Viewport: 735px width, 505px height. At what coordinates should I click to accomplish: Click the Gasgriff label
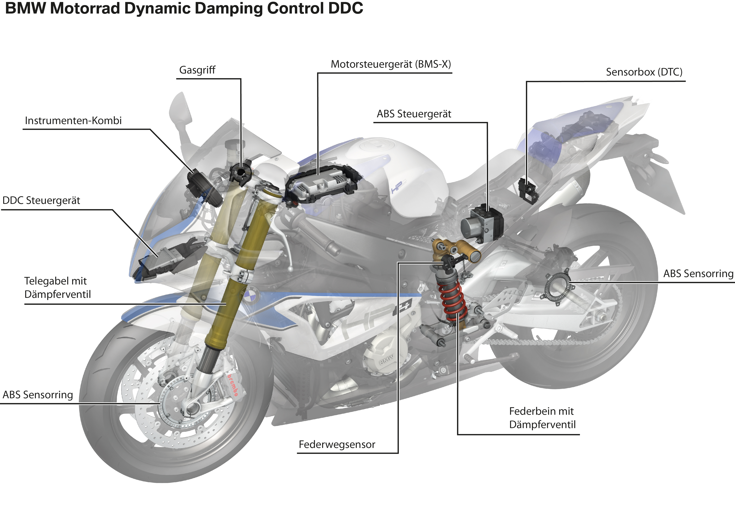point(197,70)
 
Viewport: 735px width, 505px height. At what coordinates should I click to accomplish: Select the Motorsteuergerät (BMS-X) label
point(391,64)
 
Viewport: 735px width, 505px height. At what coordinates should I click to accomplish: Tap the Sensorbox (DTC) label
point(644,72)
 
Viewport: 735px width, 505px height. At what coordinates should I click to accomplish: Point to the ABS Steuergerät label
point(414,114)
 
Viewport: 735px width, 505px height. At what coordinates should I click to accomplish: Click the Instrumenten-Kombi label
point(73,121)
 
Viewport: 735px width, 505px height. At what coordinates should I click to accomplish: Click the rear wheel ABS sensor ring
point(557,286)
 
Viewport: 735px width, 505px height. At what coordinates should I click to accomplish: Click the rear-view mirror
point(180,109)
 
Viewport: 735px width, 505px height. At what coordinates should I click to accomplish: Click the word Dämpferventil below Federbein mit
point(542,425)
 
